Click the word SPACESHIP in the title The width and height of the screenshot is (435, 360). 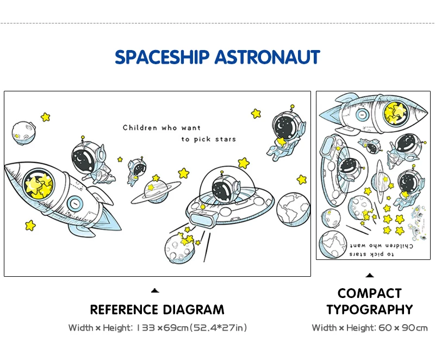162,57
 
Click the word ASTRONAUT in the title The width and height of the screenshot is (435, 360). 267,57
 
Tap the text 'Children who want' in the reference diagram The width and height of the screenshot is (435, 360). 161,128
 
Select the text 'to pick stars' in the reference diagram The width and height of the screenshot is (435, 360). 209,139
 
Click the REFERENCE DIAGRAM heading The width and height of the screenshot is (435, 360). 157,309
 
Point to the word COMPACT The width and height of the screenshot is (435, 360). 369,294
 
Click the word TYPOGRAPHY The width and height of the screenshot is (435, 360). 369,310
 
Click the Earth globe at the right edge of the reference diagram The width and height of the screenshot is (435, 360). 293,209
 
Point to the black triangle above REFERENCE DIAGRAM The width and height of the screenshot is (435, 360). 154,291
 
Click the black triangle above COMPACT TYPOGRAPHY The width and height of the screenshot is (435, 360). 369,275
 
